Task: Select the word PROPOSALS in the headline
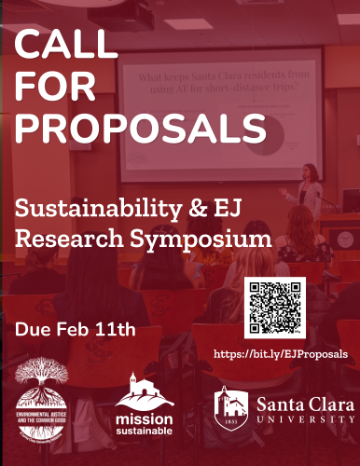141,127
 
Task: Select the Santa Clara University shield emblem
231,406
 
